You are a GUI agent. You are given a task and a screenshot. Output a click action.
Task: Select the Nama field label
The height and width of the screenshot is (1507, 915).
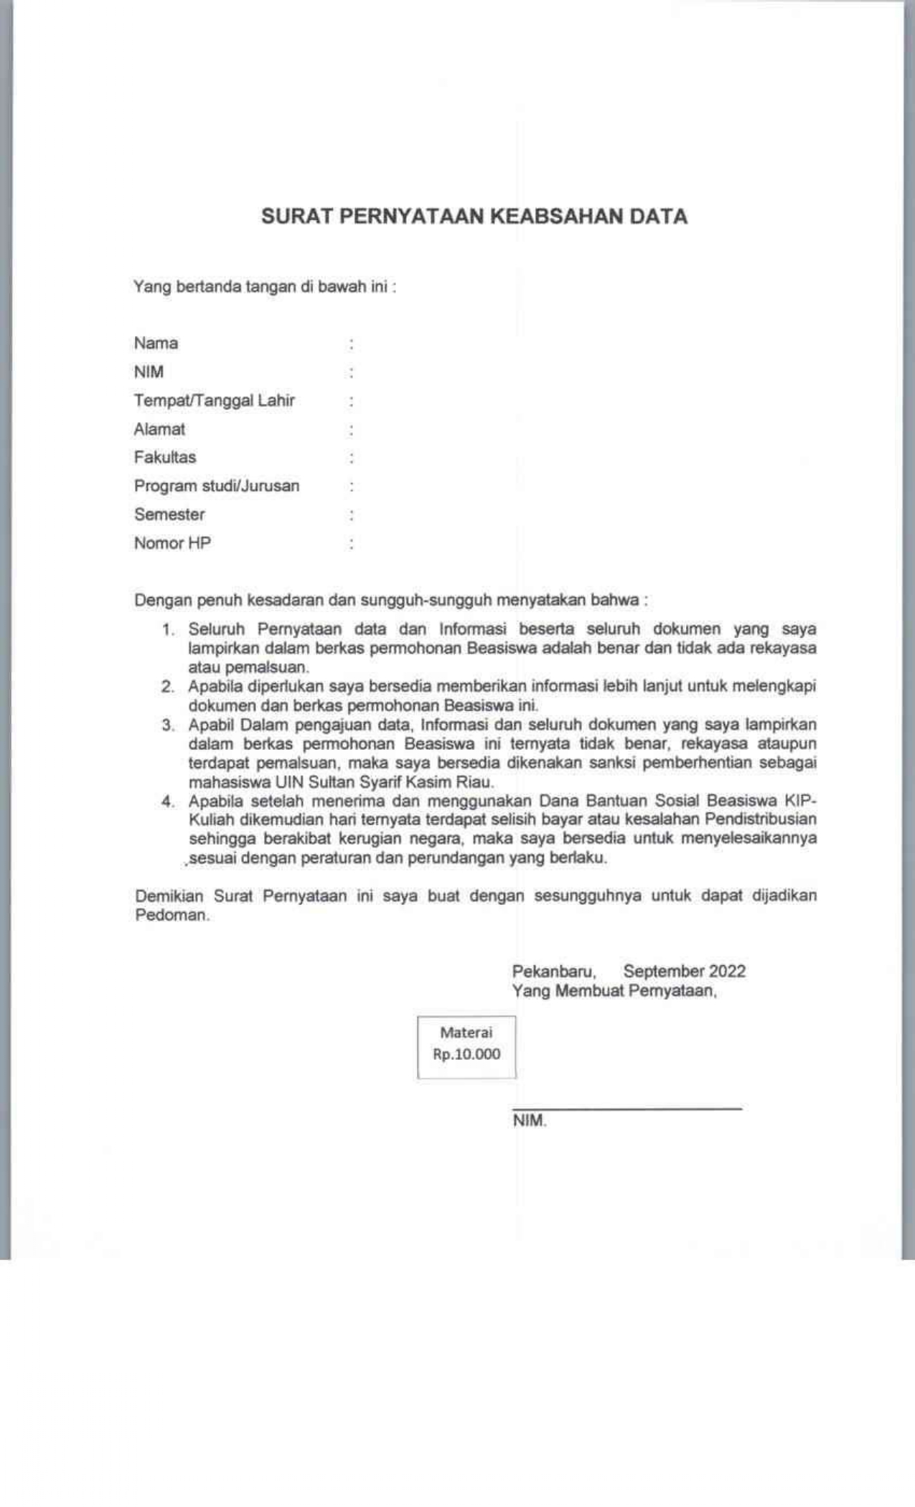[x=156, y=343]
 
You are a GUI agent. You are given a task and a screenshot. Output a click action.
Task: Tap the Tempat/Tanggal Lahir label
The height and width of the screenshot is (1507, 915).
[x=214, y=400]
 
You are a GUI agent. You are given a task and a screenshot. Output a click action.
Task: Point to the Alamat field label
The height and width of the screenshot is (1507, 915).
[x=159, y=429]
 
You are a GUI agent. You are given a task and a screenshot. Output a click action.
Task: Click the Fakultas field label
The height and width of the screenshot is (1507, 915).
[x=164, y=457]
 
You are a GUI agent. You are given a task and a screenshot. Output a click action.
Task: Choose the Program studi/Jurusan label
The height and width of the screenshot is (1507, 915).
[x=216, y=486]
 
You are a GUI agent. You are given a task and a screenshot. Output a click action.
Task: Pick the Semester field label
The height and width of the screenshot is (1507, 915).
[x=169, y=515]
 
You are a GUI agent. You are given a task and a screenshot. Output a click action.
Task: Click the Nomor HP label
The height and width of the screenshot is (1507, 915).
[x=172, y=543]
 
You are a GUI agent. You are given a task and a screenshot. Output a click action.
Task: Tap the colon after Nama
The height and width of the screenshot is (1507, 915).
[x=351, y=344]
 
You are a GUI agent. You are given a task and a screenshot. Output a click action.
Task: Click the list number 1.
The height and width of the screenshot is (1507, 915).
[x=168, y=630]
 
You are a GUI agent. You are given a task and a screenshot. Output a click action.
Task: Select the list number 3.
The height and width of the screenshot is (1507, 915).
[x=168, y=725]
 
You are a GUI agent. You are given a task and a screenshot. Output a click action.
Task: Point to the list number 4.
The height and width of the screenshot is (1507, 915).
[x=168, y=802]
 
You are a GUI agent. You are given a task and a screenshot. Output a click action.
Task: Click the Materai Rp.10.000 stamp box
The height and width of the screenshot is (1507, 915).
[x=466, y=1047]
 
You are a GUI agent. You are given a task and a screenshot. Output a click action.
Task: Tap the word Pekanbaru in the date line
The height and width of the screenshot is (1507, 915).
[x=553, y=972]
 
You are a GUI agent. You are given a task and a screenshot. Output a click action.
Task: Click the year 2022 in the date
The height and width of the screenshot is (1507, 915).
[x=727, y=972]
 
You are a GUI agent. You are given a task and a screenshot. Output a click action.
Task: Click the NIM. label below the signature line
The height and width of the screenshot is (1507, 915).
[x=529, y=1122]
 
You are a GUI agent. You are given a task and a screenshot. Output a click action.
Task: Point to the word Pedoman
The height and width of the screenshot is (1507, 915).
[x=172, y=916]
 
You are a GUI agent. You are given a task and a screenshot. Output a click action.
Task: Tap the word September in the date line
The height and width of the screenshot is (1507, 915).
[x=664, y=972]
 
